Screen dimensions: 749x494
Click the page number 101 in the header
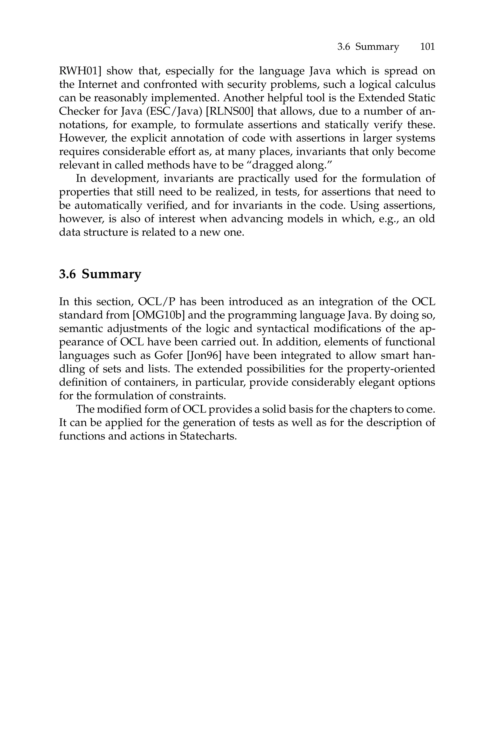coord(427,47)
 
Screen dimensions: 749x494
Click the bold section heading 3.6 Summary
coord(100,274)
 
